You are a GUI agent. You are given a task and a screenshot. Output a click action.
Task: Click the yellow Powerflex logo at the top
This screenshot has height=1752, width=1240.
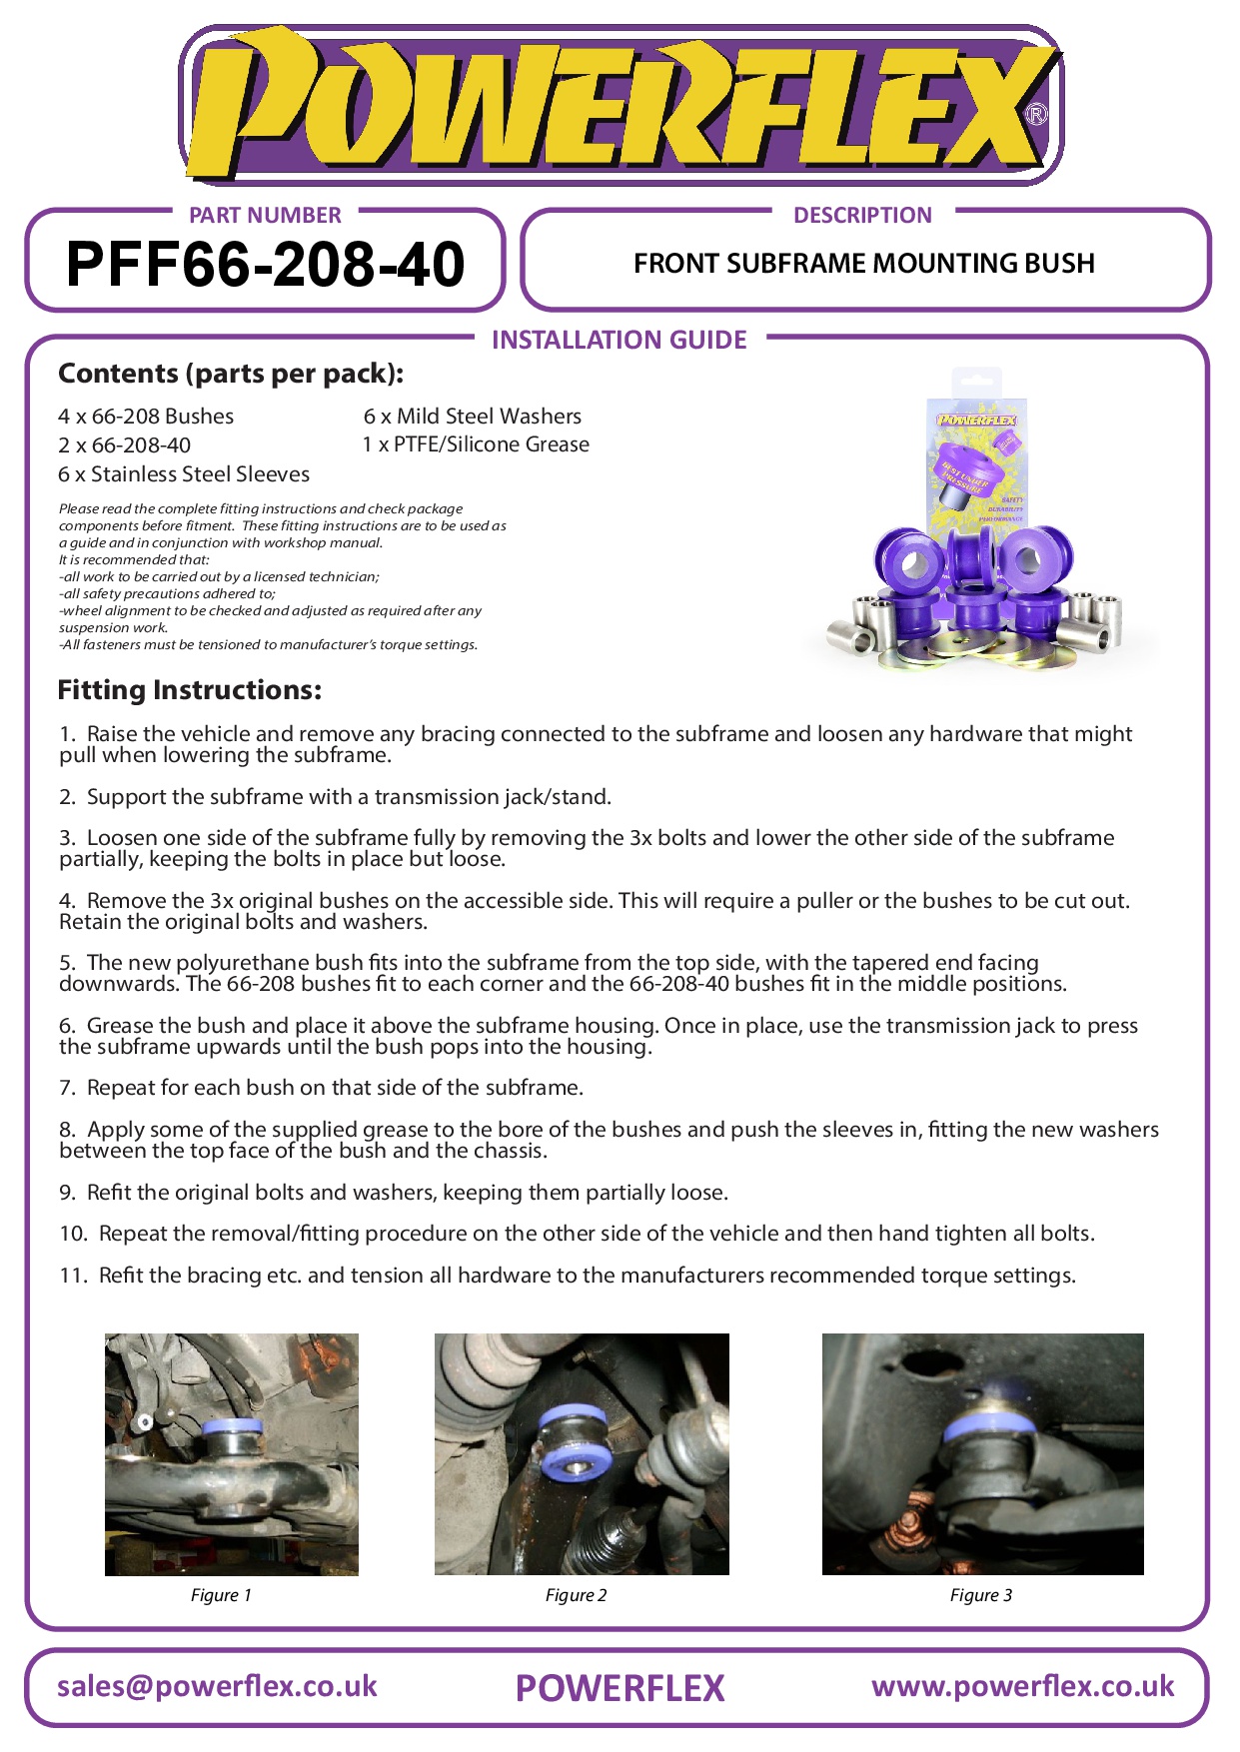pos(620,105)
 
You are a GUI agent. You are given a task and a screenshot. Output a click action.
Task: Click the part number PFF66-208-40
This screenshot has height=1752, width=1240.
pos(265,265)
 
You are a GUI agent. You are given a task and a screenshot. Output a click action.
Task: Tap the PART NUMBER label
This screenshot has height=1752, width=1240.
pos(265,215)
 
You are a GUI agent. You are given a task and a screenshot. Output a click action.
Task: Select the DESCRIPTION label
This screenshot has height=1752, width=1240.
pos(862,215)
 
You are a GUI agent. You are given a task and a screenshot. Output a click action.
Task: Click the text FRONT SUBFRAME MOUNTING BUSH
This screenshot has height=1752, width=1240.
pos(864,264)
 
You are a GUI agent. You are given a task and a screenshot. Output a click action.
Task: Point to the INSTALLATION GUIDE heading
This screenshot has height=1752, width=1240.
pos(619,340)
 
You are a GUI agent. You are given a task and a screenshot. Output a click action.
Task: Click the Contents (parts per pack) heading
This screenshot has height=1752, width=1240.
pos(231,374)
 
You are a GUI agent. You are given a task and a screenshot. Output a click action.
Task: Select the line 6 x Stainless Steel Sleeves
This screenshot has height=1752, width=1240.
pos(184,474)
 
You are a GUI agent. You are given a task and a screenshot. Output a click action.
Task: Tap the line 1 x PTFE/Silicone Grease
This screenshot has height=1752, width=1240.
pos(476,444)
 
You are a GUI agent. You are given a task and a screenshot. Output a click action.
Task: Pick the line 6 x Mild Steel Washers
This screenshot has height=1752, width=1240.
pos(472,417)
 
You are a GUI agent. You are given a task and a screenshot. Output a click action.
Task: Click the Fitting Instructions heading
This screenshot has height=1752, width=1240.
pos(190,690)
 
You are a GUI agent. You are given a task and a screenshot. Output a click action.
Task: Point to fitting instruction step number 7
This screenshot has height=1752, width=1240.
pos(321,1088)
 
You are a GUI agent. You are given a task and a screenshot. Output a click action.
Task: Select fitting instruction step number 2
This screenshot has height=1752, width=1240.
pos(335,797)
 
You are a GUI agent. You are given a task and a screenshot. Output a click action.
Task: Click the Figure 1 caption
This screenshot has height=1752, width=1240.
pos(221,1595)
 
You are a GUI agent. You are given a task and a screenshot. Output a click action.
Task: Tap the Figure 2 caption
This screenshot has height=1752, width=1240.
pos(576,1595)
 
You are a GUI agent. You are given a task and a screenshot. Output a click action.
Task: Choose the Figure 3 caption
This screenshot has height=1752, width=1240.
pos(980,1595)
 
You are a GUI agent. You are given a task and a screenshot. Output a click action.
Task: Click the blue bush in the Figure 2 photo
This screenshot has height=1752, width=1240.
pos(575,1438)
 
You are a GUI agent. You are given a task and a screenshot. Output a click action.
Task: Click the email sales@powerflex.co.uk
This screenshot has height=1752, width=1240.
pos(217,1686)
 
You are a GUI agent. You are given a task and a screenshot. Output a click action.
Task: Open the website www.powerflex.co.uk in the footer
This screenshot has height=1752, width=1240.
pos(1022,1686)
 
